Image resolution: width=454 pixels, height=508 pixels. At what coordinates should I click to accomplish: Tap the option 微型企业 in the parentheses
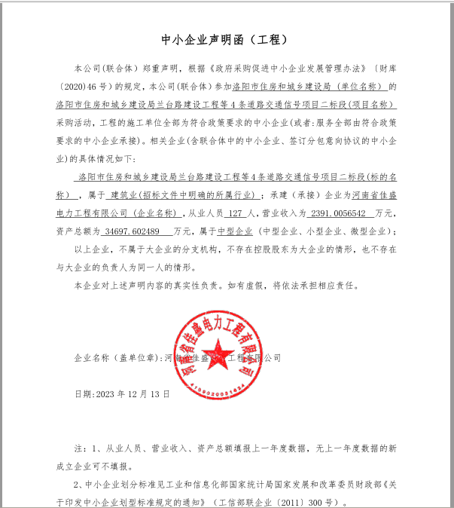click(x=368, y=231)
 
